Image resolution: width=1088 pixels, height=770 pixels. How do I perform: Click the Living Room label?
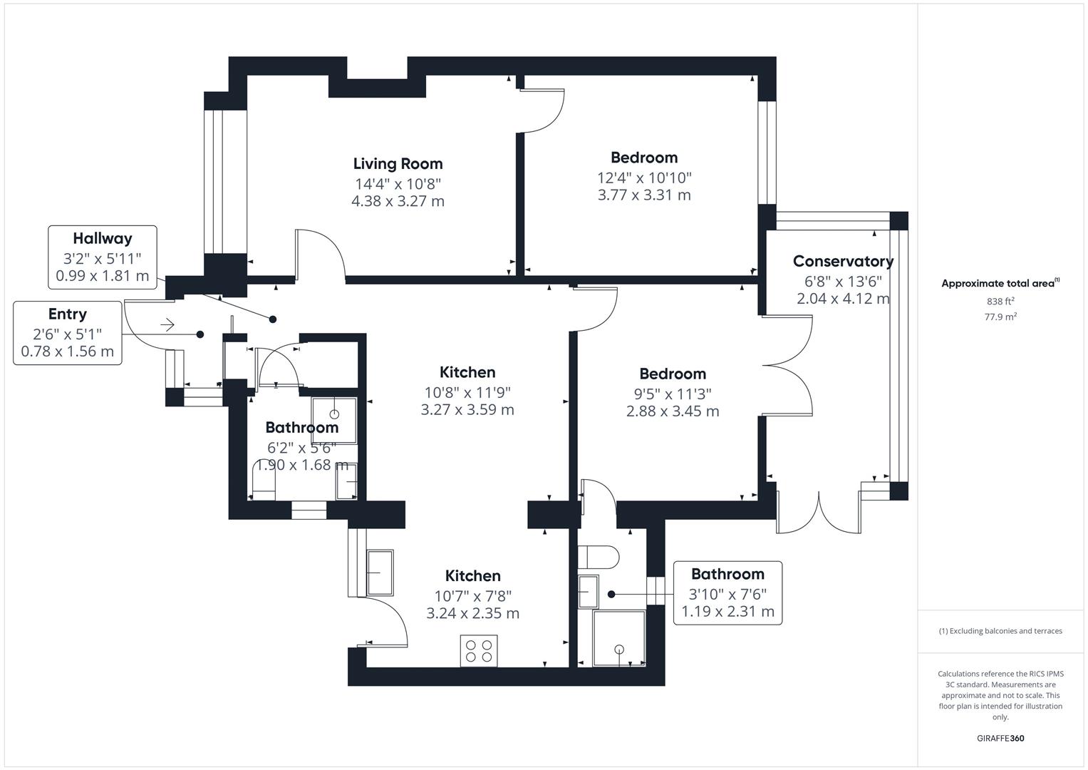[x=398, y=164]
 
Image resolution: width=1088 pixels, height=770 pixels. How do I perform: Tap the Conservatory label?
[x=843, y=262]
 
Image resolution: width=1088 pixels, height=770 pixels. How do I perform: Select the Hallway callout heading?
[x=103, y=239]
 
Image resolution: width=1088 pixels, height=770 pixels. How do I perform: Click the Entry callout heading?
[x=68, y=314]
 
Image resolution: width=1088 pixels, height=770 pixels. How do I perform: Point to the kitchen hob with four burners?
[x=479, y=650]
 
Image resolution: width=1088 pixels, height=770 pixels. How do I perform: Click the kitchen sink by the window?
[x=379, y=573]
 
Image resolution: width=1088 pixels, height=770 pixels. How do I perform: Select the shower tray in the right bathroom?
[x=618, y=638]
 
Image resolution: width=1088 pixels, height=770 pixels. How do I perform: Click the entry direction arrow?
[x=167, y=325]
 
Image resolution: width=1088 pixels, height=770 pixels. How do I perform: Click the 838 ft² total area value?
[x=1000, y=302]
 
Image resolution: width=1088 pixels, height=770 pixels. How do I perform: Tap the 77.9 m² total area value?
[x=1000, y=317]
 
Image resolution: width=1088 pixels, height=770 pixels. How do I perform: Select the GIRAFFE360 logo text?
[x=1000, y=738]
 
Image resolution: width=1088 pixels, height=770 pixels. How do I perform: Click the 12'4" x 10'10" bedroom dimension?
[x=644, y=178]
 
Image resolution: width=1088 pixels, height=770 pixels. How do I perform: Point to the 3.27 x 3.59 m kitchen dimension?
[x=467, y=410]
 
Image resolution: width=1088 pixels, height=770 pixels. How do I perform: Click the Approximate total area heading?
[x=1000, y=284]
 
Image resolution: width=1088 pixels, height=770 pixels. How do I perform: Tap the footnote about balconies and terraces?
[x=1000, y=631]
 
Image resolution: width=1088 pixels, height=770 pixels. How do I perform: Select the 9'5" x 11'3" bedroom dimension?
[x=673, y=394]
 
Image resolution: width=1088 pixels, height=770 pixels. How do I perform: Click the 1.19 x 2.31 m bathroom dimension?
[x=727, y=612]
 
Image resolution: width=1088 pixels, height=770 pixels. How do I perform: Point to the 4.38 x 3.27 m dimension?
[x=398, y=201]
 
